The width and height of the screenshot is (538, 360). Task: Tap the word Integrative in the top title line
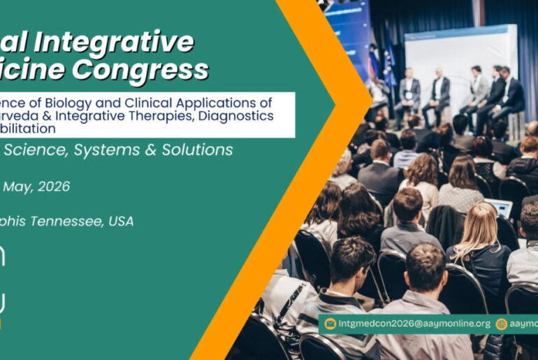tap(115, 42)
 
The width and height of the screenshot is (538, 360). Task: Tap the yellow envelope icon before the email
tap(330, 324)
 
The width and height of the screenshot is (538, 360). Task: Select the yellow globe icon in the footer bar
tap(501, 324)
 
